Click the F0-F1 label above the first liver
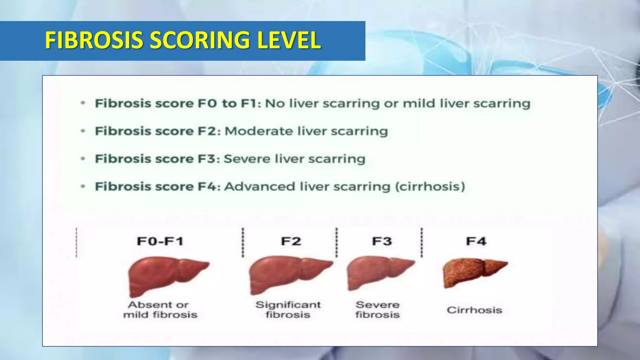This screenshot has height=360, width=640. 160,241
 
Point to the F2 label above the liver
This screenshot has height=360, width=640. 291,241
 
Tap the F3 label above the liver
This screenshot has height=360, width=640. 382,241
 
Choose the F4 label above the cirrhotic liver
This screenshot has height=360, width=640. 476,241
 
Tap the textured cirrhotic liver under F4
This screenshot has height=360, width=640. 472,272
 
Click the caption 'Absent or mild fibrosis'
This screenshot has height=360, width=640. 160,309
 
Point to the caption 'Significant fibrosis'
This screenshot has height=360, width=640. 288,309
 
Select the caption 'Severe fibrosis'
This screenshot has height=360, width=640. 377,309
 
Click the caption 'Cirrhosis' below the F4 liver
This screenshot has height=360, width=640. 474,310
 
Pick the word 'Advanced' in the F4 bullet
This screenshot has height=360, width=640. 259,187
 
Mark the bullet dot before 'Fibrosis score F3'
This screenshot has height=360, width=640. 83,159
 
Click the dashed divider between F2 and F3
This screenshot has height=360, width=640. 337,242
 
